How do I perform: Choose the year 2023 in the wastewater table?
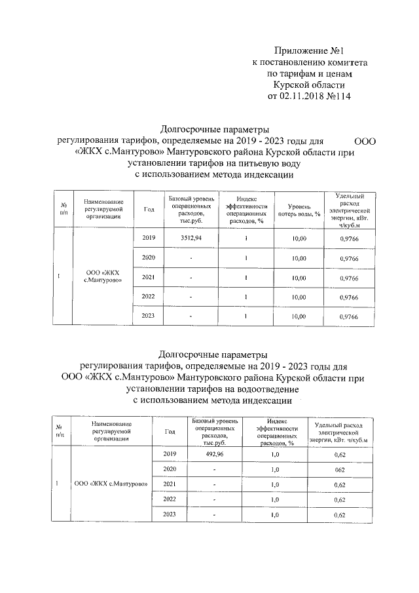tap(170, 515)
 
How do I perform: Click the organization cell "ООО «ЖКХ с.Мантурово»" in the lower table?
tap(110, 484)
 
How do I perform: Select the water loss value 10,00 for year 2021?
tap(299, 278)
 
